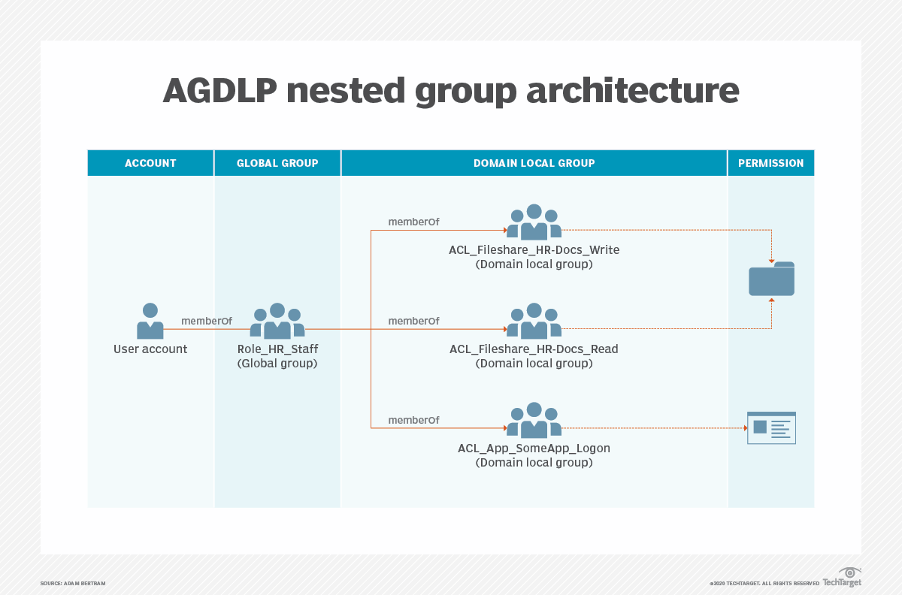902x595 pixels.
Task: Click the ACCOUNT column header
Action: tap(150, 163)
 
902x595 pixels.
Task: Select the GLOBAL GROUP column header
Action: tap(277, 163)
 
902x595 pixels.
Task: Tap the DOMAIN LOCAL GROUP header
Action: tap(534, 163)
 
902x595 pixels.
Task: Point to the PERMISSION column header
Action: tap(770, 163)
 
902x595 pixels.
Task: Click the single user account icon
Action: tap(150, 321)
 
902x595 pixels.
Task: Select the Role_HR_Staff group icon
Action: tap(277, 321)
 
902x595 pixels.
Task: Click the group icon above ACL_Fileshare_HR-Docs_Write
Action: tap(534, 222)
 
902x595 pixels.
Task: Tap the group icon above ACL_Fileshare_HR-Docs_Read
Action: tap(534, 322)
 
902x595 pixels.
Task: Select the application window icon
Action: tap(771, 427)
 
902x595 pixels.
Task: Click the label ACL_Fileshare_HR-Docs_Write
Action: tap(534, 250)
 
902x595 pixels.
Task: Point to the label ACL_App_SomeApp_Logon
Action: tap(534, 449)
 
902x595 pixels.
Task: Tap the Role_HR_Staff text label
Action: tap(277, 349)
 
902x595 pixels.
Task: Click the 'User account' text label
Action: tap(150, 349)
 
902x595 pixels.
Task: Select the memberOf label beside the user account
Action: tap(207, 322)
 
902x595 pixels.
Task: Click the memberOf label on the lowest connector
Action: tap(413, 421)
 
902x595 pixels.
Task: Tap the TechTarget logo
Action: tap(842, 578)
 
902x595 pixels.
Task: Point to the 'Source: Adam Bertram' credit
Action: tap(73, 584)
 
